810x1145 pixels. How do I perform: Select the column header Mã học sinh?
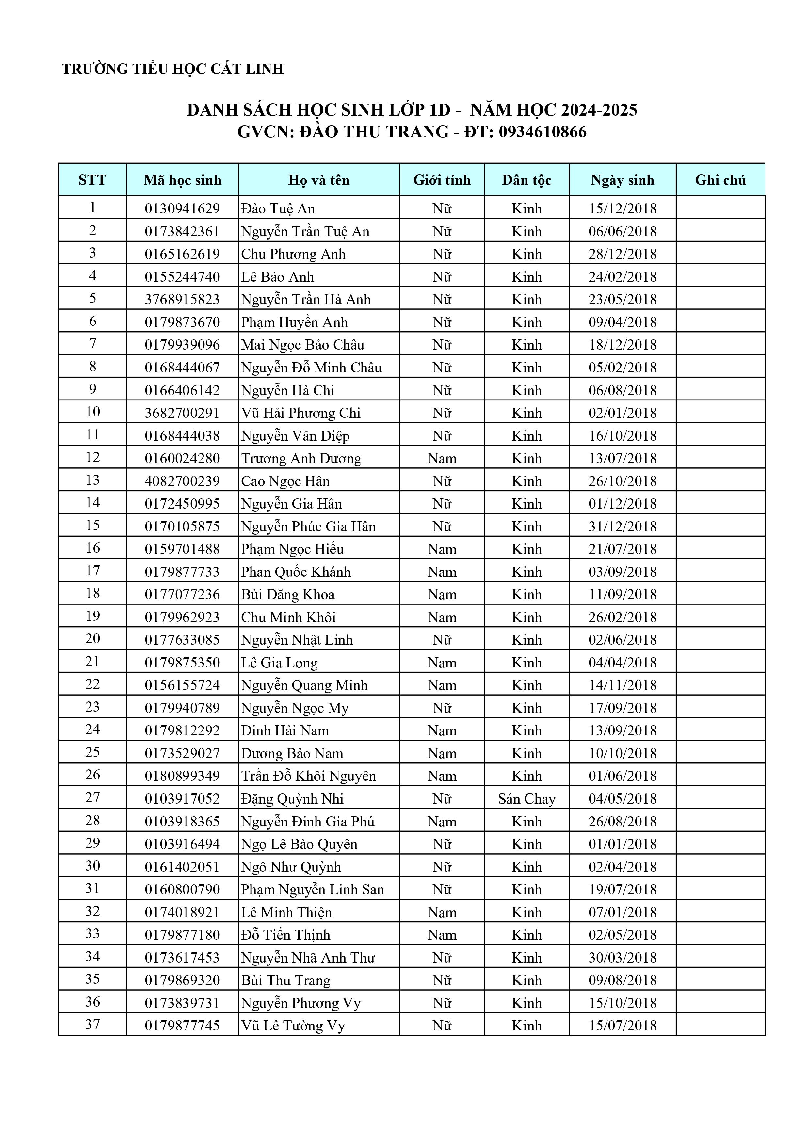pos(182,180)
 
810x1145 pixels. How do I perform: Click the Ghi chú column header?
pos(720,180)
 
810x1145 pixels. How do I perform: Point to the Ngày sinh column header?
pos(622,180)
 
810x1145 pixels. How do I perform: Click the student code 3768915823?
pos(182,299)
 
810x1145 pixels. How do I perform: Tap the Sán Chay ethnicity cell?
pos(526,799)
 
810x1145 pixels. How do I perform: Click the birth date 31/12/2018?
pos(622,526)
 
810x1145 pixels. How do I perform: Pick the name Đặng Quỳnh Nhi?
pos(292,799)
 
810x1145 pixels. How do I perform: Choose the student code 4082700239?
pos(182,481)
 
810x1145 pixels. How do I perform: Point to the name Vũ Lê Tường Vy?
pos(293,1026)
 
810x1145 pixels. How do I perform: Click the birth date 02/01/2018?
pos(622,413)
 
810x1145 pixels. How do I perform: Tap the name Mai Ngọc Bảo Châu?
pos(302,345)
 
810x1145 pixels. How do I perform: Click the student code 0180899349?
pos(182,776)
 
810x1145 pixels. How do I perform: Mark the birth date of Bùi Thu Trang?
pos(622,980)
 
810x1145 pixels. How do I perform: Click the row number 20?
pos(93,639)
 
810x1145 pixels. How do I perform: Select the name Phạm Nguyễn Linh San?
pos(313,890)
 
